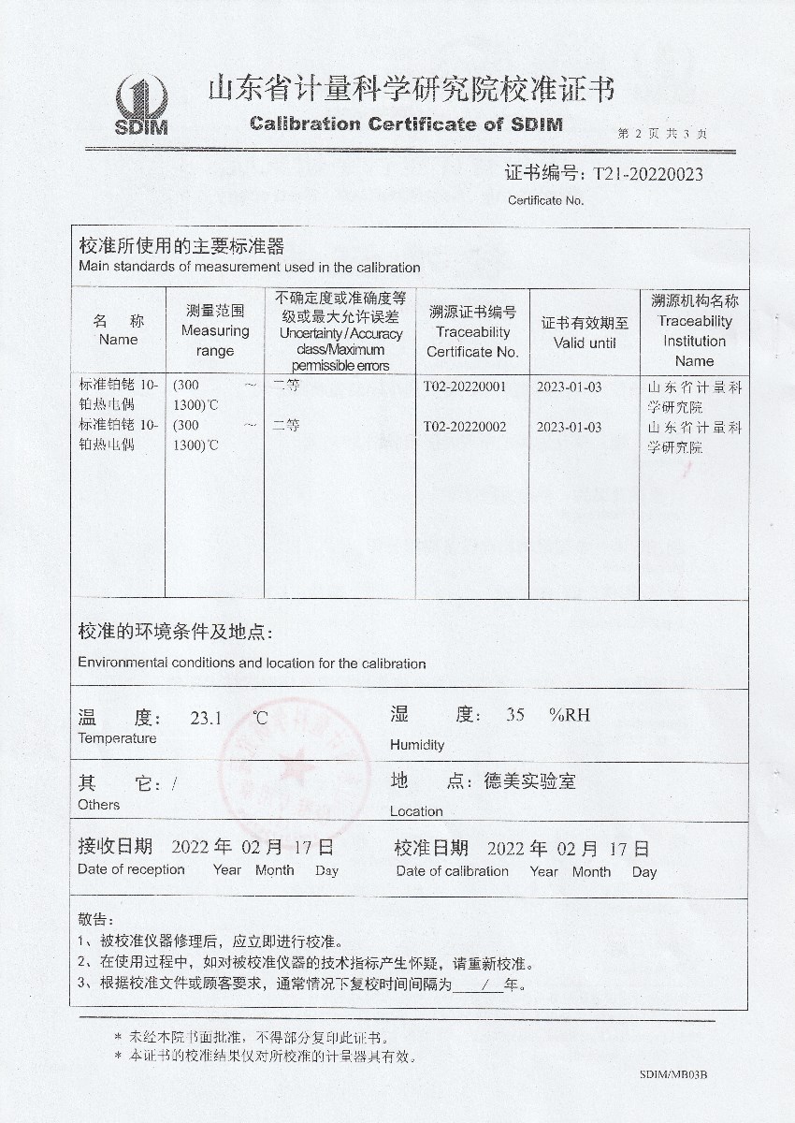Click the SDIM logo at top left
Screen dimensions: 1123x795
(x=140, y=105)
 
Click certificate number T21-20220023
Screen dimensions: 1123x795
(x=642, y=174)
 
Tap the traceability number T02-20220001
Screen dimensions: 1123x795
(x=465, y=386)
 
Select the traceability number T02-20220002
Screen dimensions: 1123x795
(x=465, y=427)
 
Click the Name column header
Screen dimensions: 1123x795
(x=118, y=329)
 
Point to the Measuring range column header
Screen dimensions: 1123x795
(x=215, y=330)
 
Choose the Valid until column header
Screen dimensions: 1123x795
(x=585, y=332)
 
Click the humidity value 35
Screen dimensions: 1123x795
(x=515, y=716)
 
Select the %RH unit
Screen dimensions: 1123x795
(x=570, y=716)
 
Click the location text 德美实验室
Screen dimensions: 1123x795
(x=529, y=781)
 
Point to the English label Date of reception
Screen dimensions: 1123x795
(x=131, y=869)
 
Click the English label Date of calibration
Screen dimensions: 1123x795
(x=452, y=871)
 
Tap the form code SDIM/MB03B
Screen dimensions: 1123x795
(x=673, y=1076)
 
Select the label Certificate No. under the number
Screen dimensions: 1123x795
(x=545, y=200)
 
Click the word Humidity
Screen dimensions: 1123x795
(x=417, y=745)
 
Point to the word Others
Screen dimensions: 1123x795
(x=98, y=805)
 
